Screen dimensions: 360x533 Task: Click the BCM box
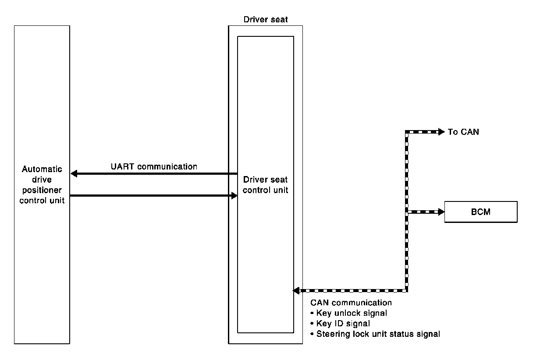pyautogui.click(x=481, y=212)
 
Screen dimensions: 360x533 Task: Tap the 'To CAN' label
pyautogui.click(x=463, y=132)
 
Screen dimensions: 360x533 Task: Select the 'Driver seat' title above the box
pyautogui.click(x=265, y=20)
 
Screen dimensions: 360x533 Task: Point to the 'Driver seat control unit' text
pyautogui.click(x=266, y=185)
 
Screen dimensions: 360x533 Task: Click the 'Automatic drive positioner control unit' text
pyautogui.click(x=42, y=185)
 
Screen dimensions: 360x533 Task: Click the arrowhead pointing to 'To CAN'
pyautogui.click(x=441, y=132)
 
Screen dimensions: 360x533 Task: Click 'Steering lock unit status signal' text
pyautogui.click(x=378, y=334)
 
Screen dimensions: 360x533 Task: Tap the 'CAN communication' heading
pyautogui.click(x=351, y=303)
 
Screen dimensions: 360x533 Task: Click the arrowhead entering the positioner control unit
pyautogui.click(x=74, y=174)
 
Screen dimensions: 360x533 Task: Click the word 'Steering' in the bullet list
pyautogui.click(x=330, y=334)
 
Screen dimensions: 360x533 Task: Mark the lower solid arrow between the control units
pyautogui.click(x=153, y=196)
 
